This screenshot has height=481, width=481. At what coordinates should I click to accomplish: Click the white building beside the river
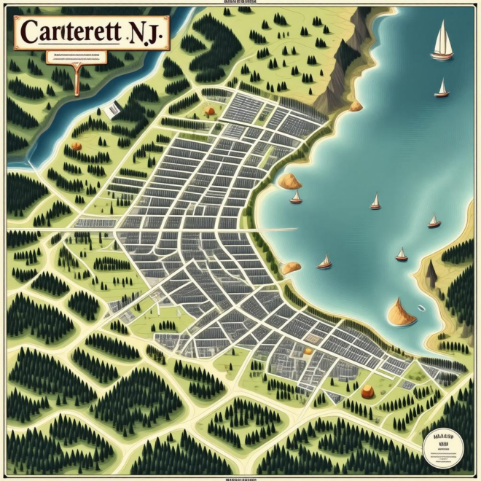(x=112, y=109)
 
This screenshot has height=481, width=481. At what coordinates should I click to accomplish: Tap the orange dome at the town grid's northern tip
(x=209, y=112)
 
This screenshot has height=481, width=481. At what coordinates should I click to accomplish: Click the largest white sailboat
(x=442, y=42)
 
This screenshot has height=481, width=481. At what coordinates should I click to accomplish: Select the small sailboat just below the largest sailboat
(x=441, y=89)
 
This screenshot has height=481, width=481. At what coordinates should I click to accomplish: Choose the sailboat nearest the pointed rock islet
(x=401, y=254)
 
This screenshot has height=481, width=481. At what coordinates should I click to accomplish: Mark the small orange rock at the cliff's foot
(x=356, y=106)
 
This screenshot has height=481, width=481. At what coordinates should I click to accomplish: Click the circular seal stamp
(x=442, y=442)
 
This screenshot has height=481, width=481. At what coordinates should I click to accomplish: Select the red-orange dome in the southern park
(x=367, y=391)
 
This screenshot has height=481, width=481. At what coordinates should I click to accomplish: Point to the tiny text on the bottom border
(x=240, y=478)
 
